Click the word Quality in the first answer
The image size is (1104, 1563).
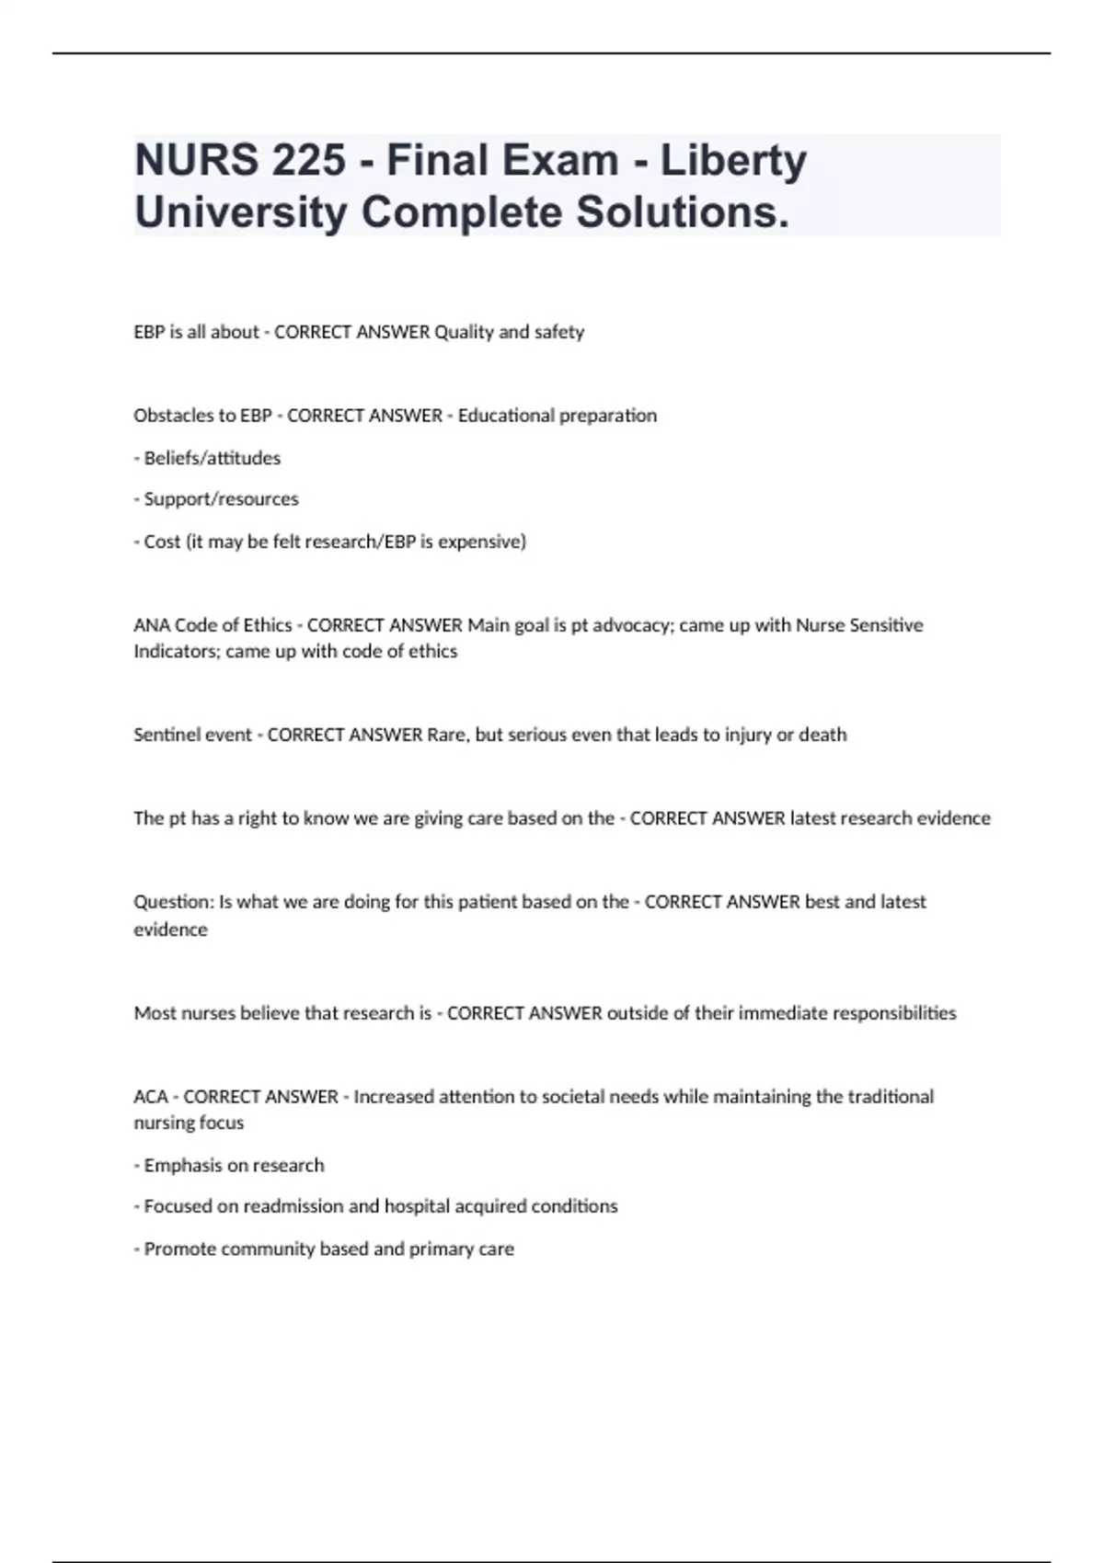tap(464, 332)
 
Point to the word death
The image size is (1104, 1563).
tap(822, 735)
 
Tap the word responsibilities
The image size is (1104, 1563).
tap(894, 1013)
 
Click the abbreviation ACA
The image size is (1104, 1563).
tap(151, 1097)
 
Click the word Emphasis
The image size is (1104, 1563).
tap(183, 1166)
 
